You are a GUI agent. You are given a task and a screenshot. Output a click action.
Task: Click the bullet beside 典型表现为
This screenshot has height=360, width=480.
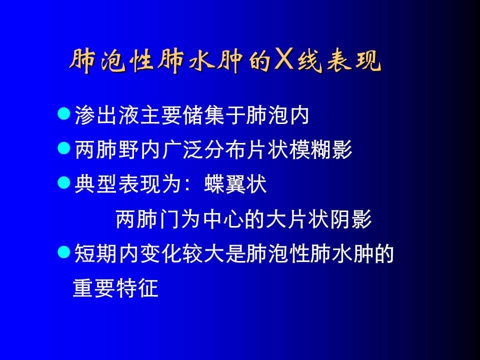[64, 183]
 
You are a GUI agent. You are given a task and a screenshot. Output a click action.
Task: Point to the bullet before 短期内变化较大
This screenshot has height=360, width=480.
[64, 252]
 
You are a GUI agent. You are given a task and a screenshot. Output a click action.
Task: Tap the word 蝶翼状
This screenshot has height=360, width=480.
[235, 184]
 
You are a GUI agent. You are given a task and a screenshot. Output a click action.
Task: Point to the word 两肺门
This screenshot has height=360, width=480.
[147, 219]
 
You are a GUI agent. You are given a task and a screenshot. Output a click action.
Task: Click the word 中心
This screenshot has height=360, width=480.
[223, 219]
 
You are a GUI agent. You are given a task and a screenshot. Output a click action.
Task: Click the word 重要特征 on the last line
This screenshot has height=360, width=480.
[115, 288]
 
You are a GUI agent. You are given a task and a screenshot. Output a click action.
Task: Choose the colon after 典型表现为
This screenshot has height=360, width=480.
[187, 185]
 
